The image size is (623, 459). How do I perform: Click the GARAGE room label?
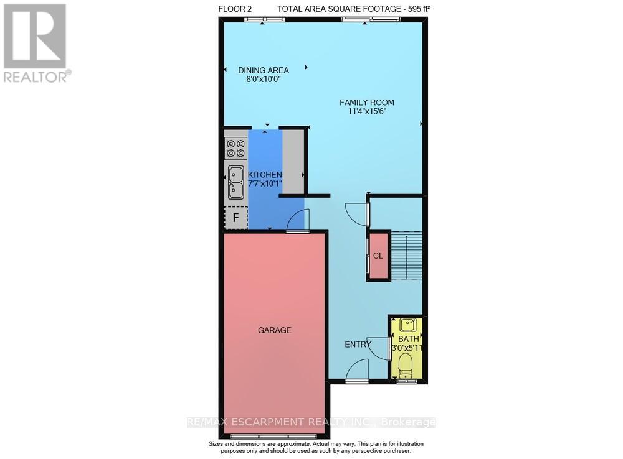(274, 330)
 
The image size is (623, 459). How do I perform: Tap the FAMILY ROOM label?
(366, 103)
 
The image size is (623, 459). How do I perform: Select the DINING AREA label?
(264, 70)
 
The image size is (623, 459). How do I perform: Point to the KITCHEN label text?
(265, 175)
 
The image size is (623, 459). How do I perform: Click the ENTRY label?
(357, 344)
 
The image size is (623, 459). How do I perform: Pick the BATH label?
(405, 339)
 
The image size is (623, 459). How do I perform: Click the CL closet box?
(378, 256)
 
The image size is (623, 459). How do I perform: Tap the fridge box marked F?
(235, 218)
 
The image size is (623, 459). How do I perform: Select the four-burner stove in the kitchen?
(236, 148)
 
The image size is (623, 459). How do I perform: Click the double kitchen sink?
(235, 182)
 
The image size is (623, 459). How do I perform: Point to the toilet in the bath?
(406, 365)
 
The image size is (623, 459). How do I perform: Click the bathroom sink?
(408, 325)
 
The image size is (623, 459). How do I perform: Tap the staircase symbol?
(406, 256)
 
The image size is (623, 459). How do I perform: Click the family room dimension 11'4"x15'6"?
(366, 112)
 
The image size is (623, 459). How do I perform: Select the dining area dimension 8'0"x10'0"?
(264, 80)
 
